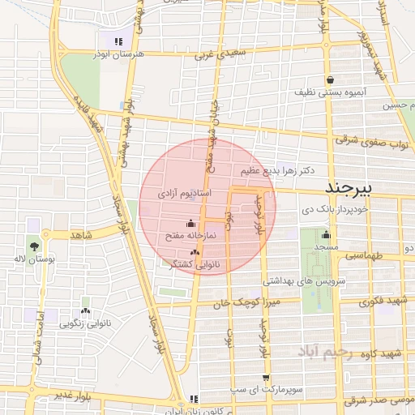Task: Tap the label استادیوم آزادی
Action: pyautogui.click(x=185, y=195)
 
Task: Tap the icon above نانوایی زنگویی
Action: pyautogui.click(x=85, y=310)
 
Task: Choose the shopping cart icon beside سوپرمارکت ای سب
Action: pyautogui.click(x=266, y=378)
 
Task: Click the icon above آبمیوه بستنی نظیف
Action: pyautogui.click(x=331, y=79)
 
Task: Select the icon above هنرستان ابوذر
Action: pyautogui.click(x=118, y=41)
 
